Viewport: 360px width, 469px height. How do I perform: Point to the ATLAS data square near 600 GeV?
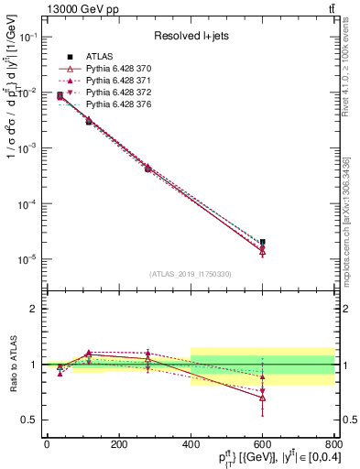coord(262,242)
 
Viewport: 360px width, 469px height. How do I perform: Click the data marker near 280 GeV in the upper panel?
coord(147,169)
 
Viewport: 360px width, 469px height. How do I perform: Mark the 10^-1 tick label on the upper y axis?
coord(27,37)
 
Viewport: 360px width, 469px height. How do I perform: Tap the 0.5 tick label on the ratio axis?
coord(30,420)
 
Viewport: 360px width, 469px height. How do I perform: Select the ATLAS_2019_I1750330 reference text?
coord(190,274)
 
